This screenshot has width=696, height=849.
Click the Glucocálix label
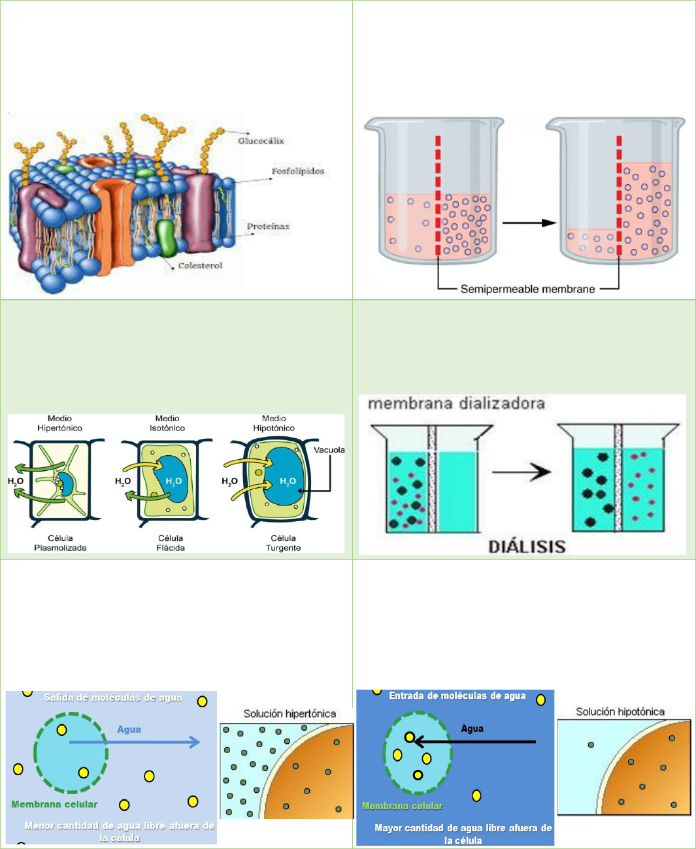(x=261, y=141)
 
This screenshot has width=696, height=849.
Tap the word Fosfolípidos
(x=297, y=172)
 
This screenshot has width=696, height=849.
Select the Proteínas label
(x=268, y=226)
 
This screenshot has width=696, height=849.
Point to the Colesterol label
(x=200, y=266)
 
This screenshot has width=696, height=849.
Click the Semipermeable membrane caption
(x=527, y=289)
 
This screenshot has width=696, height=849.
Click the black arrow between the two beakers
(x=529, y=223)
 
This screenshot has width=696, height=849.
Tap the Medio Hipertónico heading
(x=59, y=423)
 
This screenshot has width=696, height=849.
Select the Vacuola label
(x=329, y=450)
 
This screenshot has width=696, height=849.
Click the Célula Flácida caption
(x=171, y=543)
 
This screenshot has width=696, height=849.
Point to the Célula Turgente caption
(x=283, y=543)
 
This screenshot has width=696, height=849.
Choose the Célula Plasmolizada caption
(x=60, y=543)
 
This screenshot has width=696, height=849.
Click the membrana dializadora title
(x=456, y=404)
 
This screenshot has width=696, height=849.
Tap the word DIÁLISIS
(x=527, y=547)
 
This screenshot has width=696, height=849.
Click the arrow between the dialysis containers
(x=522, y=472)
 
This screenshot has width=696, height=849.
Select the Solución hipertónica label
(x=290, y=714)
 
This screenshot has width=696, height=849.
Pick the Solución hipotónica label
(x=620, y=712)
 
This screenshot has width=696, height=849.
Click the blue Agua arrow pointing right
(x=135, y=742)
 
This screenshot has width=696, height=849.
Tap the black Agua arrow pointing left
(x=475, y=741)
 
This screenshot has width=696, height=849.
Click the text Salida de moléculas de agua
(x=113, y=697)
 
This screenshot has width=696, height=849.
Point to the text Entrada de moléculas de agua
(x=457, y=696)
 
